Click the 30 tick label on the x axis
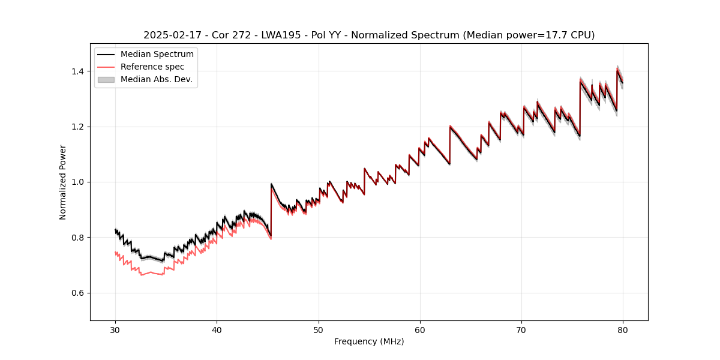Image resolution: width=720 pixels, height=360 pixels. click(115, 329)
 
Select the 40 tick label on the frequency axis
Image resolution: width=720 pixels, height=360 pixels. click(217, 329)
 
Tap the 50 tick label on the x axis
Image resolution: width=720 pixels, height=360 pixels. click(319, 329)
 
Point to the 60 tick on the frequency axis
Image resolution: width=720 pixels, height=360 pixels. click(420, 329)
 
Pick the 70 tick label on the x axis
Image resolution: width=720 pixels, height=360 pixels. click(521, 329)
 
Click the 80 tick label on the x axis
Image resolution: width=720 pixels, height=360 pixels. click(623, 329)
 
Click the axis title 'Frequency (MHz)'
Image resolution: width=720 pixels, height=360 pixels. click(369, 341)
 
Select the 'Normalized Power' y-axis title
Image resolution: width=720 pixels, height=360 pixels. click(63, 182)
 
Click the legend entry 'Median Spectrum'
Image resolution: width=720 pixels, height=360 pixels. click(157, 55)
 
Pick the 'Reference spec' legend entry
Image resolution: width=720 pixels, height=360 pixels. click(152, 67)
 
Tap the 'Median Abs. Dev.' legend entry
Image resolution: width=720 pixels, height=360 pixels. click(156, 79)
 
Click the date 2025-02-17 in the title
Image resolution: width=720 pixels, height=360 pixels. click(169, 35)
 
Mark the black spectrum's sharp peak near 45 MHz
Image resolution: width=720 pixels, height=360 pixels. click(271, 184)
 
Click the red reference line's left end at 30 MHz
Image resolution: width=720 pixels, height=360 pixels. click(115, 253)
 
